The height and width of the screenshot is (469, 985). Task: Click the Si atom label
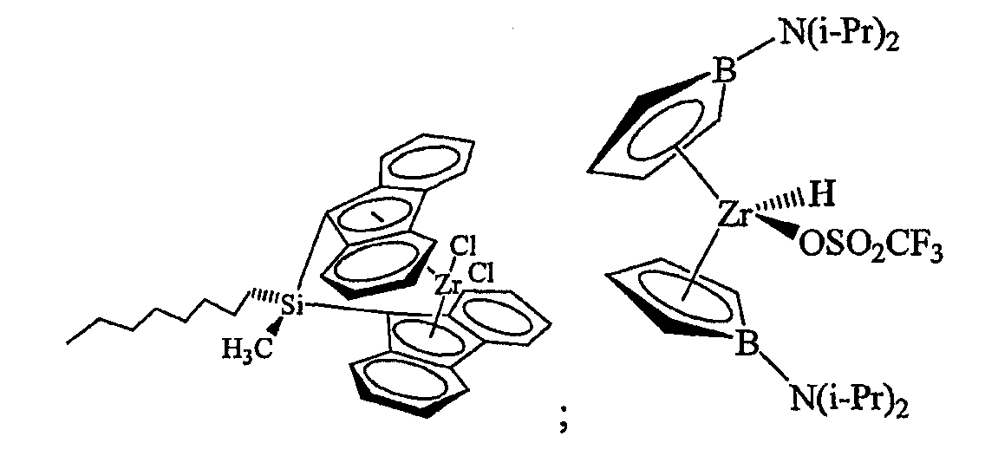click(x=290, y=306)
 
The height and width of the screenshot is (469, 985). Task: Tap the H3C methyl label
click(x=248, y=349)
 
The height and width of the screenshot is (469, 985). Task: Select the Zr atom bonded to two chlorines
click(x=447, y=286)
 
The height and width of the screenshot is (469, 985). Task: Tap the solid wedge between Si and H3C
click(x=274, y=326)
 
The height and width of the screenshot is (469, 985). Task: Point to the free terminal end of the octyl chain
click(x=67, y=343)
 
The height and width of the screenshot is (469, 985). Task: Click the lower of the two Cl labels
click(x=482, y=274)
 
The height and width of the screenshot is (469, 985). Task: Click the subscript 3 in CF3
click(x=936, y=255)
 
